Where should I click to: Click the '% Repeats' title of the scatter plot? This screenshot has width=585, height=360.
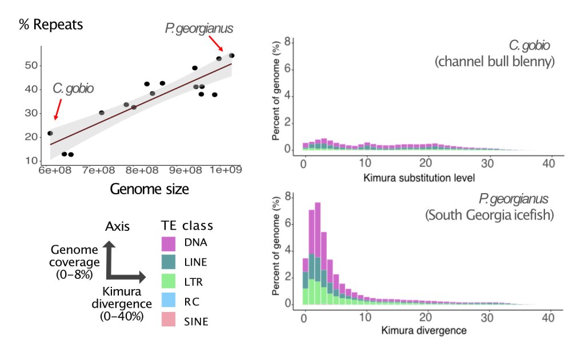point(50,25)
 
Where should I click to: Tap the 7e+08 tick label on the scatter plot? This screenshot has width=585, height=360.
point(99,170)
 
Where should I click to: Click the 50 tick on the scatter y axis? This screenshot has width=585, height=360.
point(31,66)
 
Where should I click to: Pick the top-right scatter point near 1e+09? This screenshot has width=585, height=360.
point(232,55)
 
